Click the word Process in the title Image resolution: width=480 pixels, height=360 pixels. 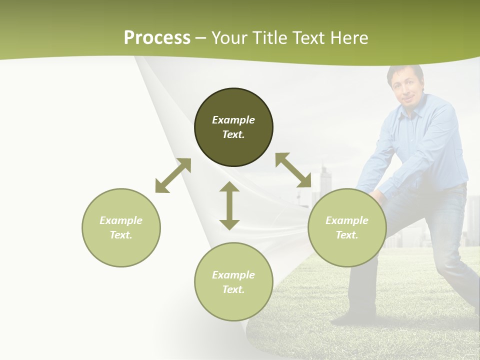point(157,38)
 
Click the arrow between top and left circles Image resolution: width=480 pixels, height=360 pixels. point(173,175)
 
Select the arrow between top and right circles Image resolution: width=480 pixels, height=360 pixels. point(293,170)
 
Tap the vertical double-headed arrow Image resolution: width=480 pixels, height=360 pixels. point(229,205)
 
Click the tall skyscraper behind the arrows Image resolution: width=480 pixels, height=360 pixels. point(325,180)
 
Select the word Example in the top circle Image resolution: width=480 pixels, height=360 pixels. point(233,120)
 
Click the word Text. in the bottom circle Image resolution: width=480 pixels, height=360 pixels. point(233,289)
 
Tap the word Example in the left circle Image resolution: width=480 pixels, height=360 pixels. point(121,220)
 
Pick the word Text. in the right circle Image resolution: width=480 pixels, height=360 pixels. point(347,235)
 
